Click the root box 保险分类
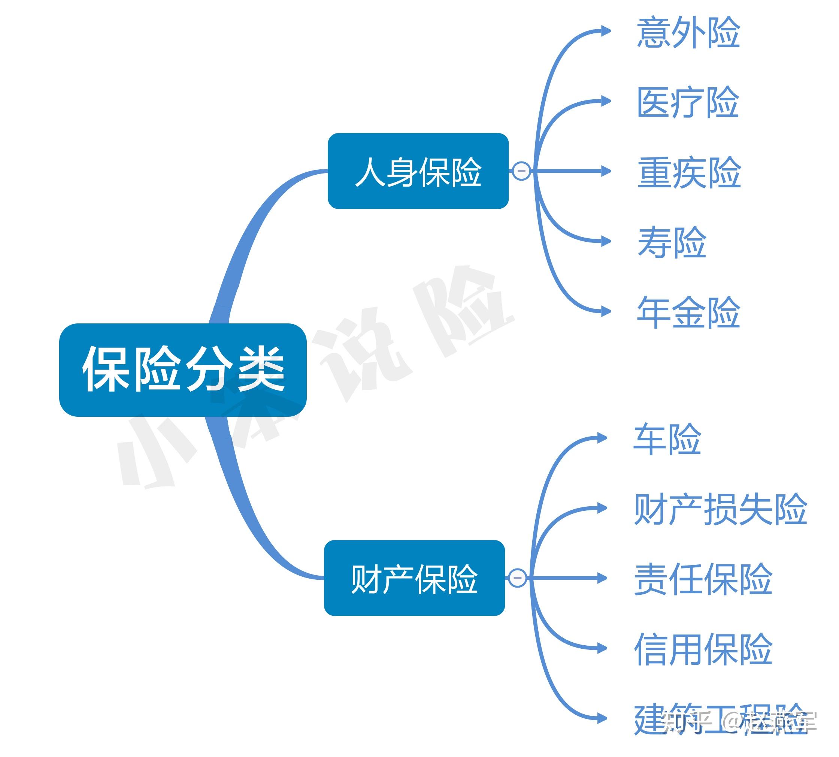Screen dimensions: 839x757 tap(182, 370)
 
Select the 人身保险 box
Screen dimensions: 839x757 tap(418, 171)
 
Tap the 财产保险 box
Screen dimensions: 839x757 tap(414, 578)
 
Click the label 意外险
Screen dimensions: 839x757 tap(688, 33)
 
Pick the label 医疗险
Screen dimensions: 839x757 tap(688, 102)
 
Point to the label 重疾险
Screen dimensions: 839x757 tap(689, 172)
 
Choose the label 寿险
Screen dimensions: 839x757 tap(672, 242)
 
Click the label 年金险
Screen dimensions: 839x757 tap(688, 312)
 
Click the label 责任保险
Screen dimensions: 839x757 tap(703, 579)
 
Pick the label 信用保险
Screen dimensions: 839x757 tap(703, 648)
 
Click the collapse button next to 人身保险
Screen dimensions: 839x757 tap(521, 171)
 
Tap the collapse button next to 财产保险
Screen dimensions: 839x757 tap(517, 578)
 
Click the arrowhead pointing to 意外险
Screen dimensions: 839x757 tap(606, 31)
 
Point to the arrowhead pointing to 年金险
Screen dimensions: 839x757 tap(606, 311)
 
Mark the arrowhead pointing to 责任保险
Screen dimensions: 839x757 tap(602, 578)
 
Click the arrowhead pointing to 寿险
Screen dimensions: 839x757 tap(606, 241)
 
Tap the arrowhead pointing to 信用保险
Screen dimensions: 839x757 tap(602, 648)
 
